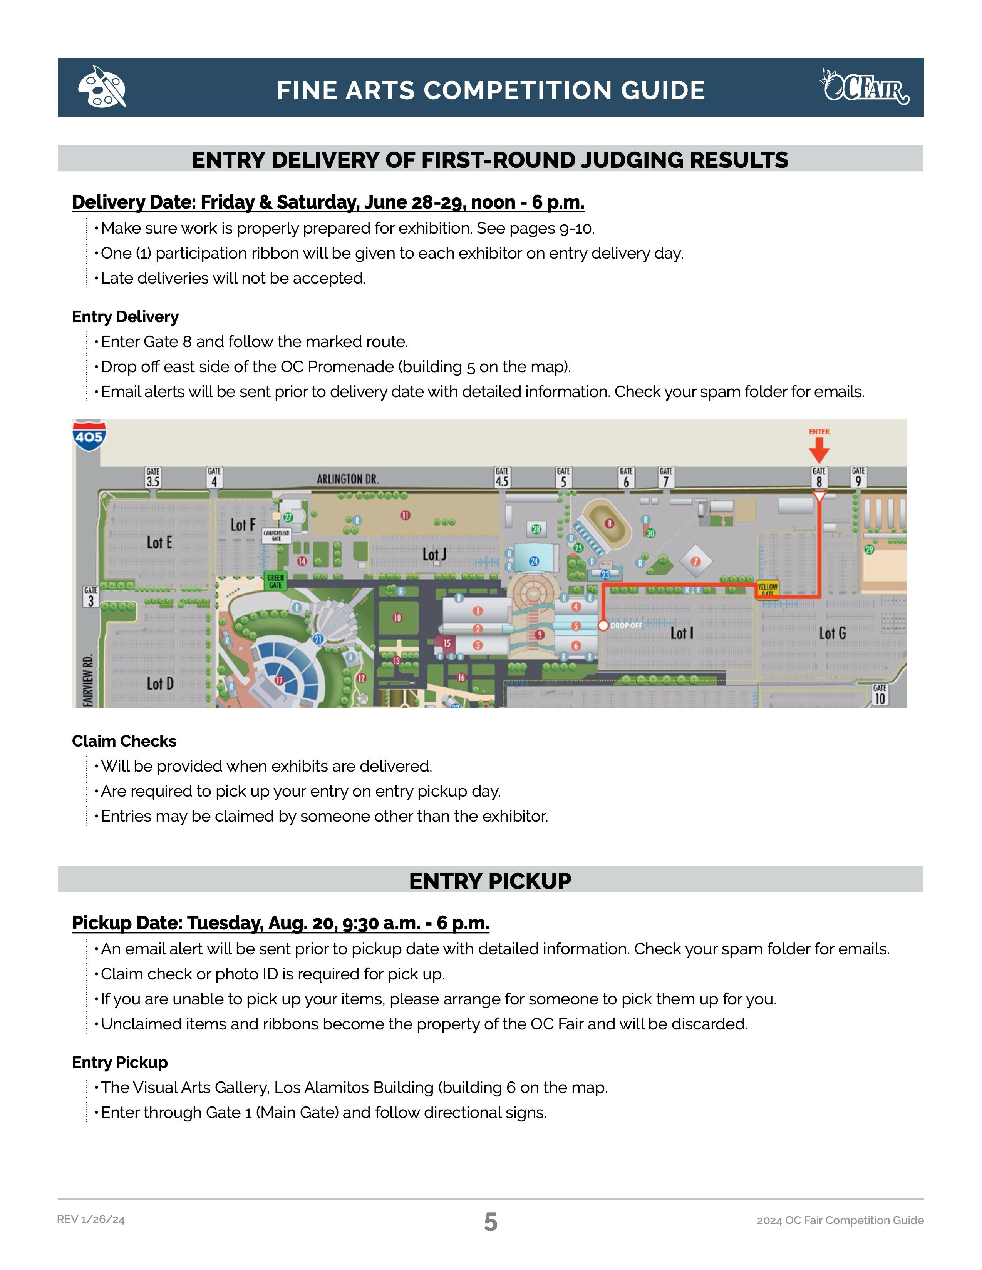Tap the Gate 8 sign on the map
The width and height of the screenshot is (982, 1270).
point(819,478)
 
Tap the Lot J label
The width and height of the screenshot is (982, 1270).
point(434,555)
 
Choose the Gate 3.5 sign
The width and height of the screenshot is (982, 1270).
point(153,478)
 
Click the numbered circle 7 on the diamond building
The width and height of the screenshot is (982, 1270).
point(695,561)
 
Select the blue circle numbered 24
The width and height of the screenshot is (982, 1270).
point(534,561)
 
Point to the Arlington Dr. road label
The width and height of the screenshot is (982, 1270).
point(347,479)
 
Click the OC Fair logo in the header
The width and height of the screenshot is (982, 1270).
point(865,87)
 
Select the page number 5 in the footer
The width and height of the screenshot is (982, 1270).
point(490,1222)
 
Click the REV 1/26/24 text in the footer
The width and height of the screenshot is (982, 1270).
point(91,1220)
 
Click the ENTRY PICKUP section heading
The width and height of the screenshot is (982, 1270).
point(490,881)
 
